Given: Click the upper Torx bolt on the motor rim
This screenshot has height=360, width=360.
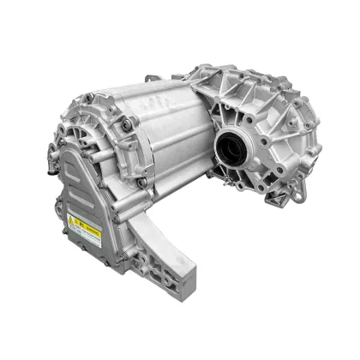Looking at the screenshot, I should (x=128, y=126).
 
